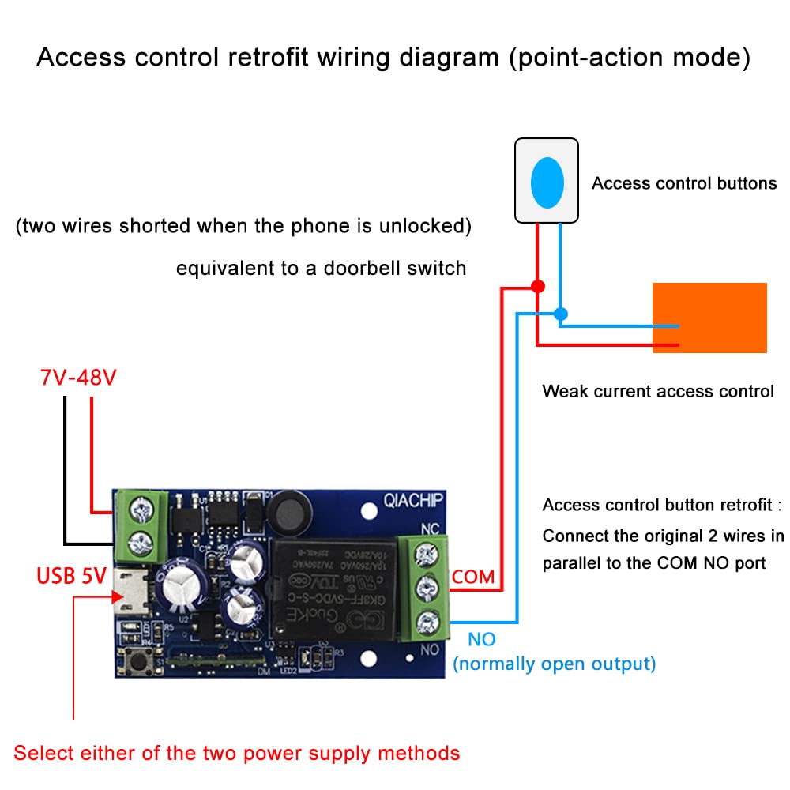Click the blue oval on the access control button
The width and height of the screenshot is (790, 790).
[x=547, y=182]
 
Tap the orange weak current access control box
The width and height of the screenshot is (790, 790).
[x=709, y=318]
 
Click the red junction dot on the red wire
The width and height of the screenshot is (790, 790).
[x=537, y=286]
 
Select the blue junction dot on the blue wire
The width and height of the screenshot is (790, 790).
[x=561, y=314]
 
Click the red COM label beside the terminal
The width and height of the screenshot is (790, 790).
[x=473, y=577]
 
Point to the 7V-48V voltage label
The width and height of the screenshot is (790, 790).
[x=78, y=378]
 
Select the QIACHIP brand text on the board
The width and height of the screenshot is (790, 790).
[x=413, y=500]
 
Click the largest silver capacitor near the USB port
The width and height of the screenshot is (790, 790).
[x=182, y=589]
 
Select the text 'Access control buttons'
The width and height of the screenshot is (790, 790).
[x=684, y=183]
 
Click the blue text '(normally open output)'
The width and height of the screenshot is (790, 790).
[x=554, y=663]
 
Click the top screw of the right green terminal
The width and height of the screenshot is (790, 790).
[x=427, y=552]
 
